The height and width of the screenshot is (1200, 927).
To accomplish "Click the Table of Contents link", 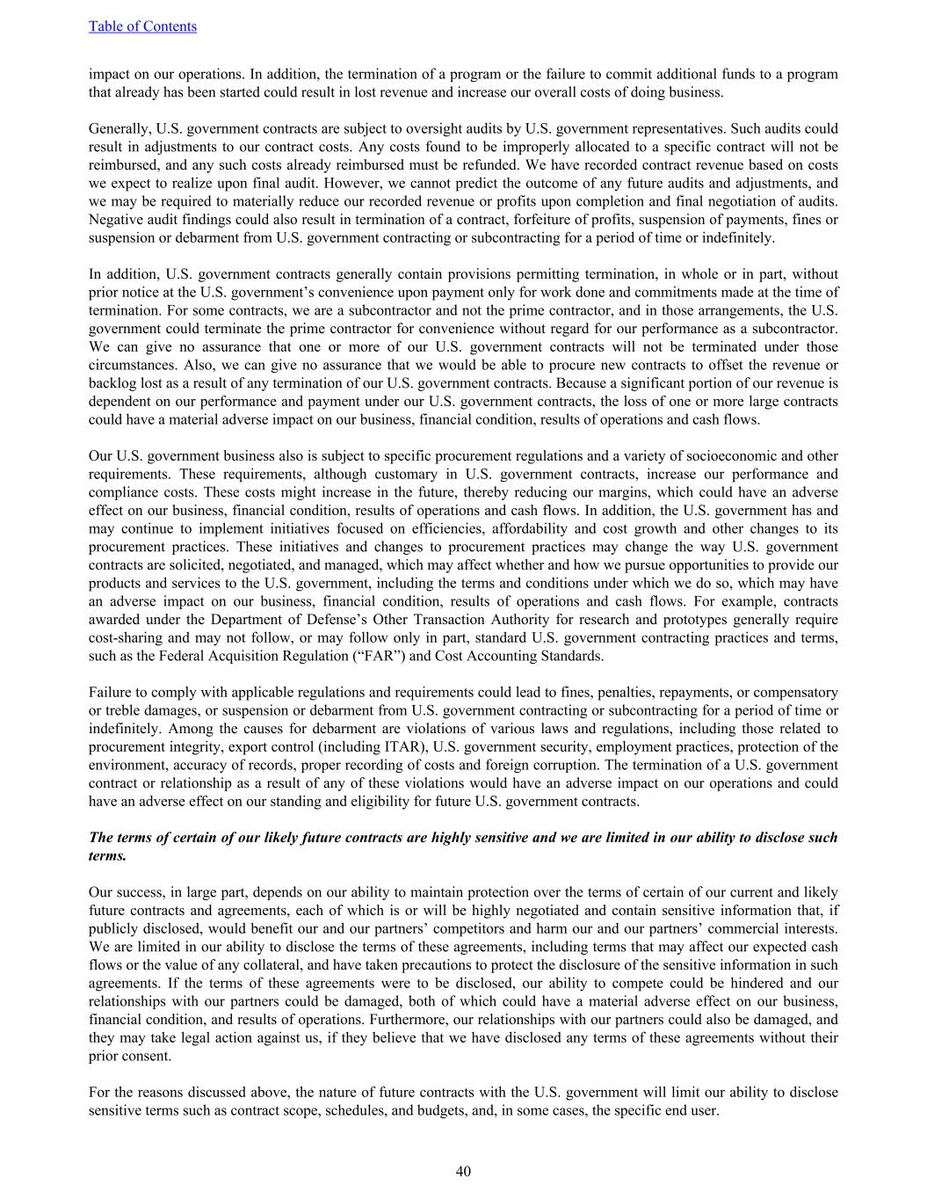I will [142, 26].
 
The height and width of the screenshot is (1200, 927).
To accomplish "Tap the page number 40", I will [463, 1171].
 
